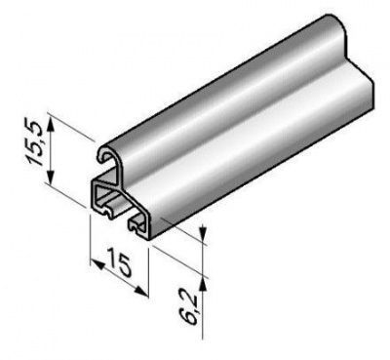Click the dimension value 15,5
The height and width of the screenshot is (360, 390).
[35, 142]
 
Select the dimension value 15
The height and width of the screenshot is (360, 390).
[119, 264]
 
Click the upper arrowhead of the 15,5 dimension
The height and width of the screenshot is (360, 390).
[50, 124]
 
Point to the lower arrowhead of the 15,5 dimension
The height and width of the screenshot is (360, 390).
[50, 177]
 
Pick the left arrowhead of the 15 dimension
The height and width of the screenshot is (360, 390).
[97, 263]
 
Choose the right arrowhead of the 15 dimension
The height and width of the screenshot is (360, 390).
[141, 292]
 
